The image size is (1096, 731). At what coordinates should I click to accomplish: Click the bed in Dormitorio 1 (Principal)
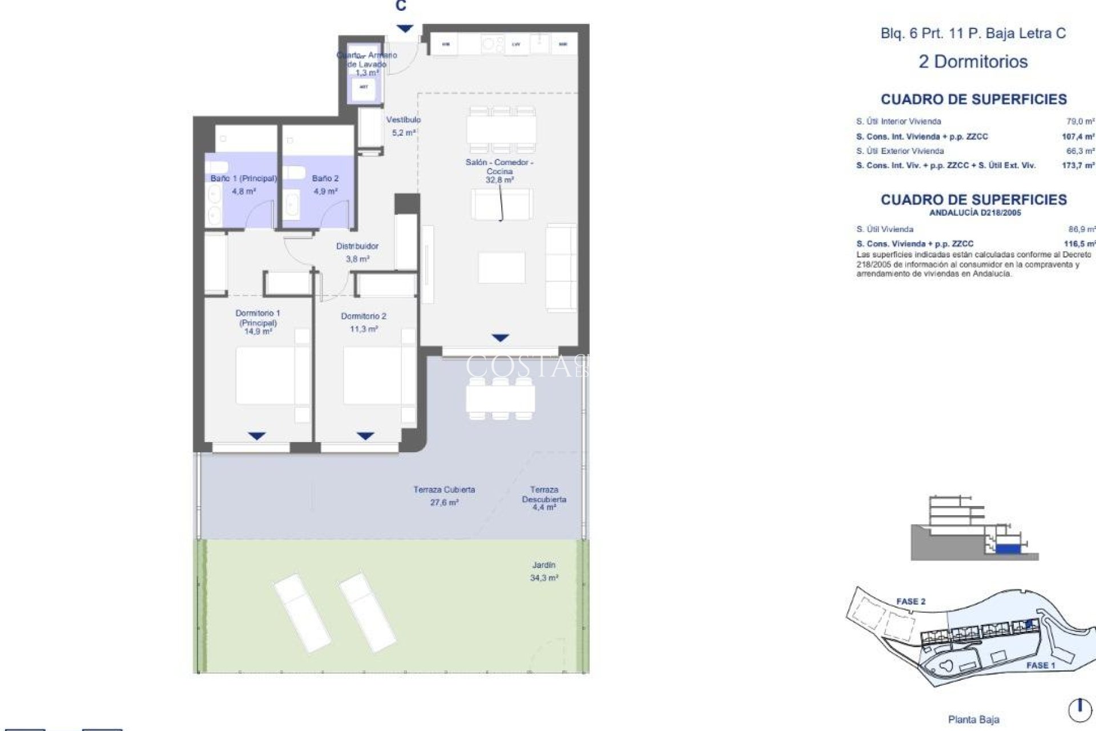pos(266,377)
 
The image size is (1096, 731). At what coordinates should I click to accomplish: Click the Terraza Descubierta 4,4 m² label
pos(544,498)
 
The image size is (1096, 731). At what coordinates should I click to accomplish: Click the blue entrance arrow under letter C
pos(404,29)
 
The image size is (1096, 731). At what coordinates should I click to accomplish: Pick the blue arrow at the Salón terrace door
pos(500,338)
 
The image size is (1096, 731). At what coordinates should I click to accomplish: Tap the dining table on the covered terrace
pos(500,399)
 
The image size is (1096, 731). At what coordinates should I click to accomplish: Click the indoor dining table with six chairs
pos(501,130)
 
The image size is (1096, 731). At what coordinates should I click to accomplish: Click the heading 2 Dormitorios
pos(973,62)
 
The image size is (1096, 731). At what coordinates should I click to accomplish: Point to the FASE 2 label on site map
pos(910,601)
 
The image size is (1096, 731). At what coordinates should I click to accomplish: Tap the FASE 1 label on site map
pos(1041,665)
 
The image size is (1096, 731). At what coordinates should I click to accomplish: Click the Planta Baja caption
pos(973,720)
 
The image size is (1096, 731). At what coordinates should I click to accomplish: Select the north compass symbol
pos(1079,709)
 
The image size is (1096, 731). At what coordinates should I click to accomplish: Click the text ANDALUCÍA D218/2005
pos(975,213)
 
